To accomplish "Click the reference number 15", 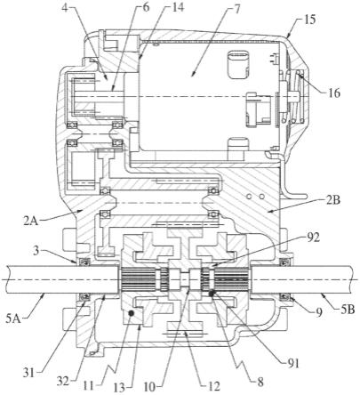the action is tap(308, 20).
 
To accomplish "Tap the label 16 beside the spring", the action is tap(333, 93).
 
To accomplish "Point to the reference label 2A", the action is tap(31, 222).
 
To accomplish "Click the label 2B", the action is tap(333, 201).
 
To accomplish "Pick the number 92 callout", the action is tap(313, 238).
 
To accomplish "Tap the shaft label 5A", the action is tap(13, 318).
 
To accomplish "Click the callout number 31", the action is tap(28, 372).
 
